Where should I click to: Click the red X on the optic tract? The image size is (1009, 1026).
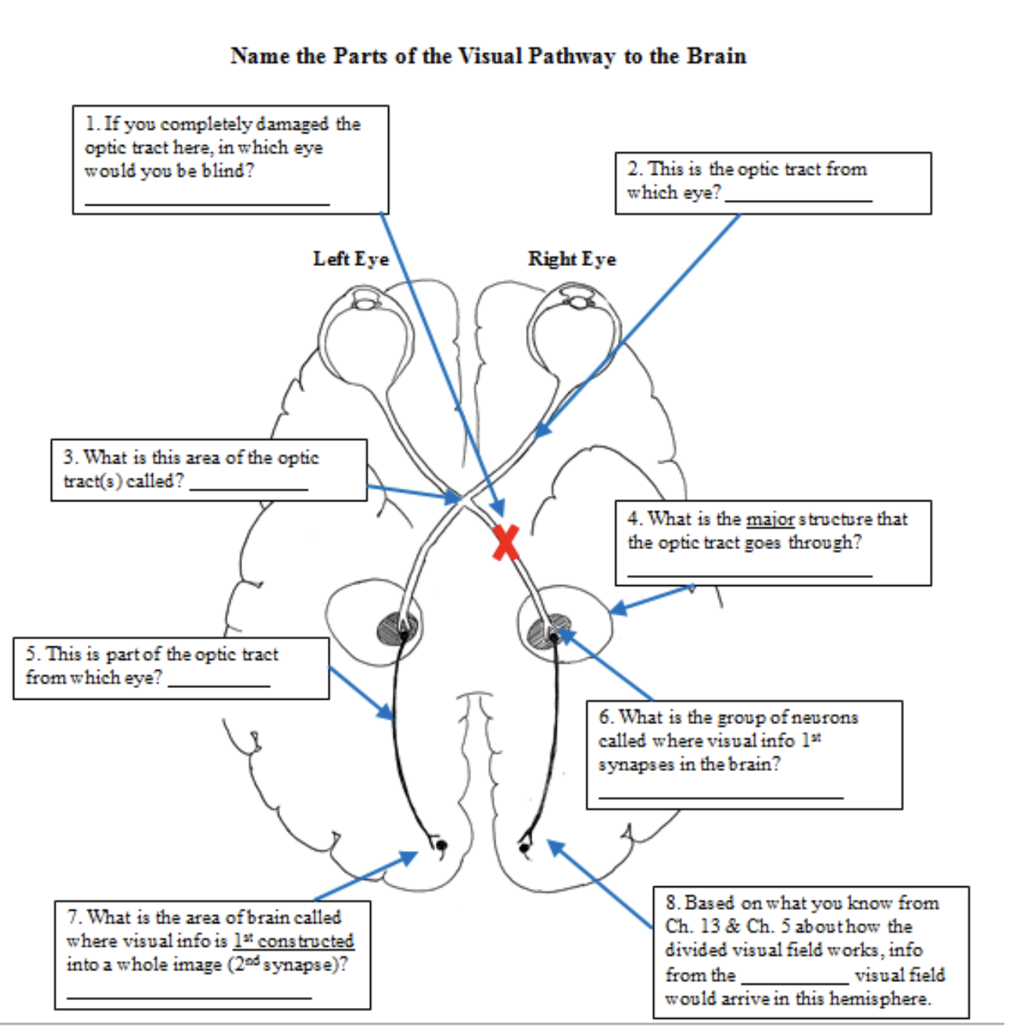click(x=506, y=542)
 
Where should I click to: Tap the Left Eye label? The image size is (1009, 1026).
click(x=350, y=259)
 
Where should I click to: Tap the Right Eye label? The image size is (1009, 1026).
click(x=572, y=259)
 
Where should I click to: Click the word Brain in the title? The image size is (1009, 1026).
click(x=717, y=56)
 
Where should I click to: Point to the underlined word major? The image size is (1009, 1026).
click(x=770, y=519)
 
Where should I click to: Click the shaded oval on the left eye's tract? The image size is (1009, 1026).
click(x=398, y=628)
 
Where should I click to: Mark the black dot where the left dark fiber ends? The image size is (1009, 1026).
click(x=441, y=845)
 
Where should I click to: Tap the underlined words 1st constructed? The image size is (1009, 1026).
click(x=293, y=940)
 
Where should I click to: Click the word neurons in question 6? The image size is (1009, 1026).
click(x=825, y=717)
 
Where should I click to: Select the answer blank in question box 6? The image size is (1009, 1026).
click(x=720, y=795)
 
